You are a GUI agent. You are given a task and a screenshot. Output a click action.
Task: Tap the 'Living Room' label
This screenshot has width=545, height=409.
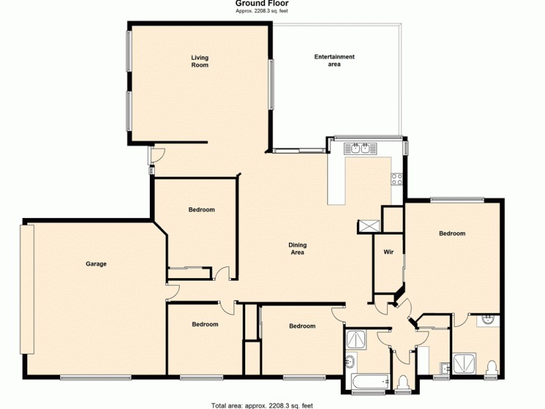tap(199, 61)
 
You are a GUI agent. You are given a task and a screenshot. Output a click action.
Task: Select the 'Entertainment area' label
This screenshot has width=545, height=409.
tap(334, 60)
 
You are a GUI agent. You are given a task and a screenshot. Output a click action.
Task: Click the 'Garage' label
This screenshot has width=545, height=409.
tap(96, 264)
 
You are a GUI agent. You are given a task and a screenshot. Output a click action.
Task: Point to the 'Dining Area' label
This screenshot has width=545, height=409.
tap(297, 248)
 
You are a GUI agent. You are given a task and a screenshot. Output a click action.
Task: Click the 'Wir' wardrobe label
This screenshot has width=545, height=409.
tap(388, 252)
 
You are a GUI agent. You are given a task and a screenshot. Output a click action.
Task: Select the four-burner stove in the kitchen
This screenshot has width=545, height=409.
tap(397, 179)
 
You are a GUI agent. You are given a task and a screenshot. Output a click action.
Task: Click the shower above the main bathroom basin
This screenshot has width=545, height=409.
tap(356, 338)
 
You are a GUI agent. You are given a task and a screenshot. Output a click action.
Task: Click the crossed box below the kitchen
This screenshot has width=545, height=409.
tap(369, 226)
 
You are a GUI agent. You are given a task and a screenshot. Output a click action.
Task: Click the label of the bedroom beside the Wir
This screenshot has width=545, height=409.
tap(452, 233)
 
